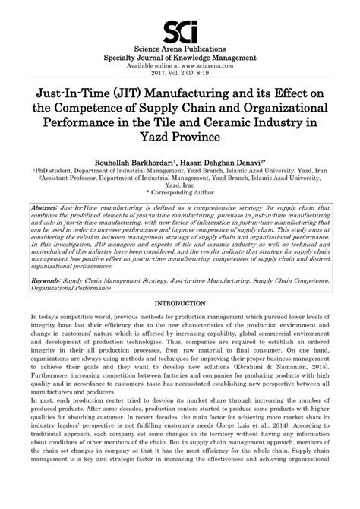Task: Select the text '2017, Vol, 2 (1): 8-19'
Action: [180, 74]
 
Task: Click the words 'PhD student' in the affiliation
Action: [54, 172]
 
